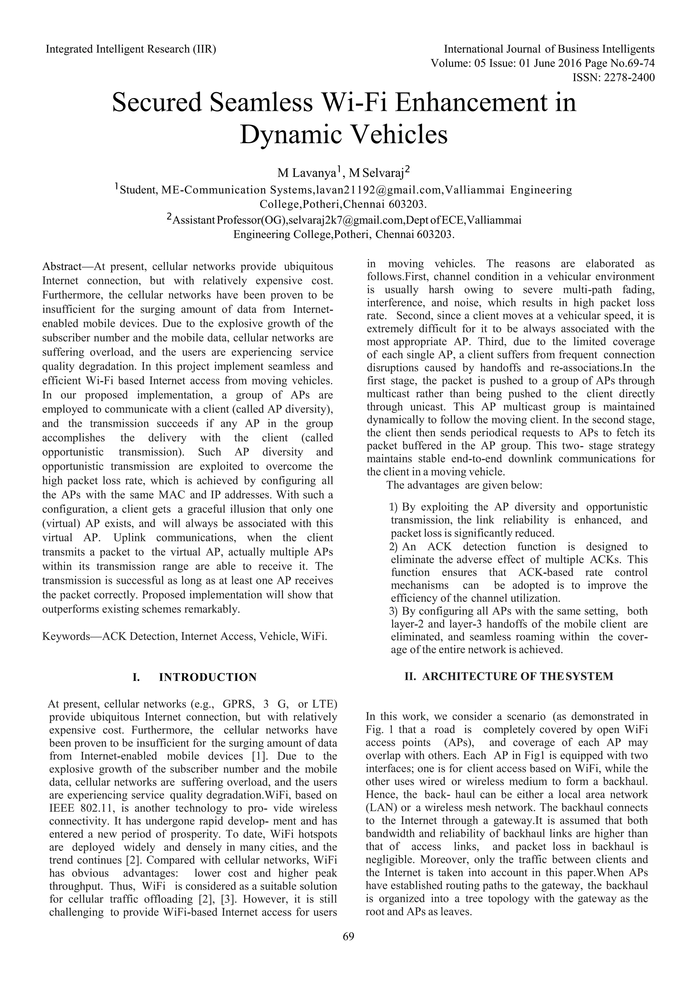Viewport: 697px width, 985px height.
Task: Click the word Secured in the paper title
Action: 157,103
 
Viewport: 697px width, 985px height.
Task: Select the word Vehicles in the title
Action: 400,135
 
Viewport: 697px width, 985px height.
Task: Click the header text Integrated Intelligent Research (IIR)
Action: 131,49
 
